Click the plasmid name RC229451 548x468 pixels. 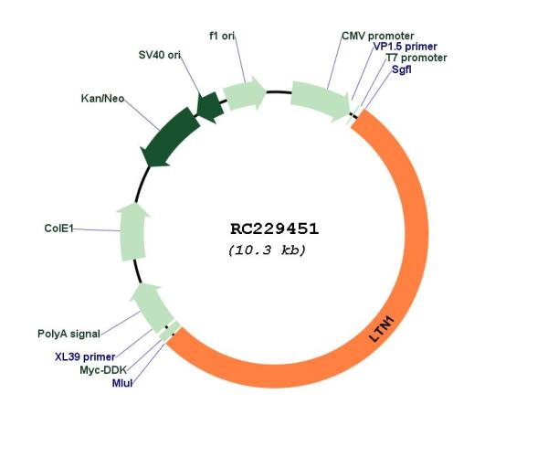273,228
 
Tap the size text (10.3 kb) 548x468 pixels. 266,250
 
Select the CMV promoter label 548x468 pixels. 377,36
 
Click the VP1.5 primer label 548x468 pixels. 405,47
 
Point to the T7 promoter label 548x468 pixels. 416,58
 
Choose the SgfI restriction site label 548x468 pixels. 401,69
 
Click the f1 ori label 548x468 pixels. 222,36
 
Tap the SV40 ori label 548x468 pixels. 153,56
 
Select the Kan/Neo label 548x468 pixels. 102,98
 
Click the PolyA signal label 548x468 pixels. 68,334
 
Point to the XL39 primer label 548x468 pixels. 85,356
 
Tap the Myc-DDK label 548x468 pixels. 101,369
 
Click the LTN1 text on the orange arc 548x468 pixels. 383,328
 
